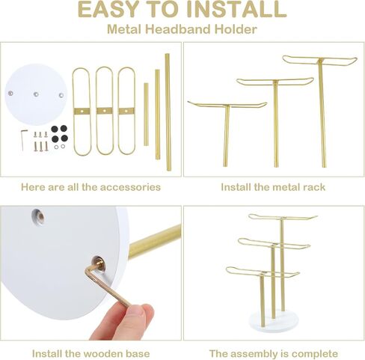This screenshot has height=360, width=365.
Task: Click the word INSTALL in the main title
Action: pyautogui.click(x=236, y=9)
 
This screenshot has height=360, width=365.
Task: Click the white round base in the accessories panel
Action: pyautogui.click(x=36, y=95)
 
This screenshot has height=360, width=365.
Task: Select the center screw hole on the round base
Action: pyautogui.click(x=36, y=94)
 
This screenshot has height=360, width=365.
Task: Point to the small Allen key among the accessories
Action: pyautogui.click(x=22, y=139)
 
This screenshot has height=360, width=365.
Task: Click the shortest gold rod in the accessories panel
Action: pyautogui.click(x=146, y=115)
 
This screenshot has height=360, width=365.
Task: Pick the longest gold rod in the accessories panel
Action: pyautogui.click(x=168, y=112)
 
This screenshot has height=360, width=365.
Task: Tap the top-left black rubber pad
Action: pyautogui.click(x=55, y=129)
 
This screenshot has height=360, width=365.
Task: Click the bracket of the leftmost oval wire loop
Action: pyautogui.click(x=81, y=111)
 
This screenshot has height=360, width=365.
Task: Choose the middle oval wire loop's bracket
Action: pyautogui.click(x=105, y=111)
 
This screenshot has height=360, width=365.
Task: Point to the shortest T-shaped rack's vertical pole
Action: pyautogui.click(x=227, y=135)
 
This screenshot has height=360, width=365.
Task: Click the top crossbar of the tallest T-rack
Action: pyautogui.click(x=319, y=60)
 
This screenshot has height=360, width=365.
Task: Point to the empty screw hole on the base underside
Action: pyautogui.click(x=38, y=215)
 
